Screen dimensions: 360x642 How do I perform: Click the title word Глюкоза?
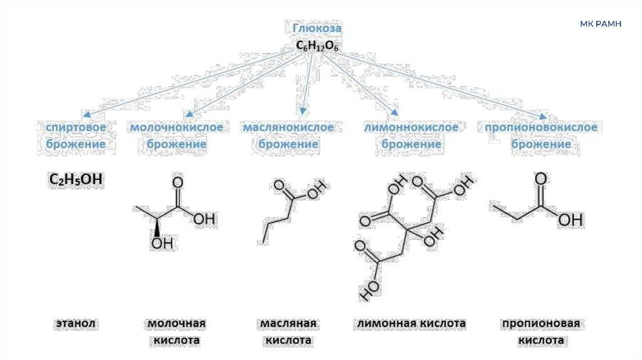[x=318, y=28]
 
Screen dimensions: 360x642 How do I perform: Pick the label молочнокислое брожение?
[x=177, y=136]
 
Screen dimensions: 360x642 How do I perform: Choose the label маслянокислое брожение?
[x=288, y=136]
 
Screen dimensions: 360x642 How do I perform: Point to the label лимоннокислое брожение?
[x=411, y=136]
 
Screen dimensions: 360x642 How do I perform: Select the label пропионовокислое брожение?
[x=541, y=136]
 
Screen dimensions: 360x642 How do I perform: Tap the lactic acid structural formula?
[x=176, y=213]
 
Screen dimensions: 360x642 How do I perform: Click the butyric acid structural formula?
[x=290, y=210]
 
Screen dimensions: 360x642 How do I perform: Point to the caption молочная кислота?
[x=177, y=332]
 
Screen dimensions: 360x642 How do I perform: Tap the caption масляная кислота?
[x=288, y=332]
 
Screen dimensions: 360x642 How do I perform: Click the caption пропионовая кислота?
[x=540, y=332]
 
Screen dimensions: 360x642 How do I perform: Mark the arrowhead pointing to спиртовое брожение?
[x=87, y=115]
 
